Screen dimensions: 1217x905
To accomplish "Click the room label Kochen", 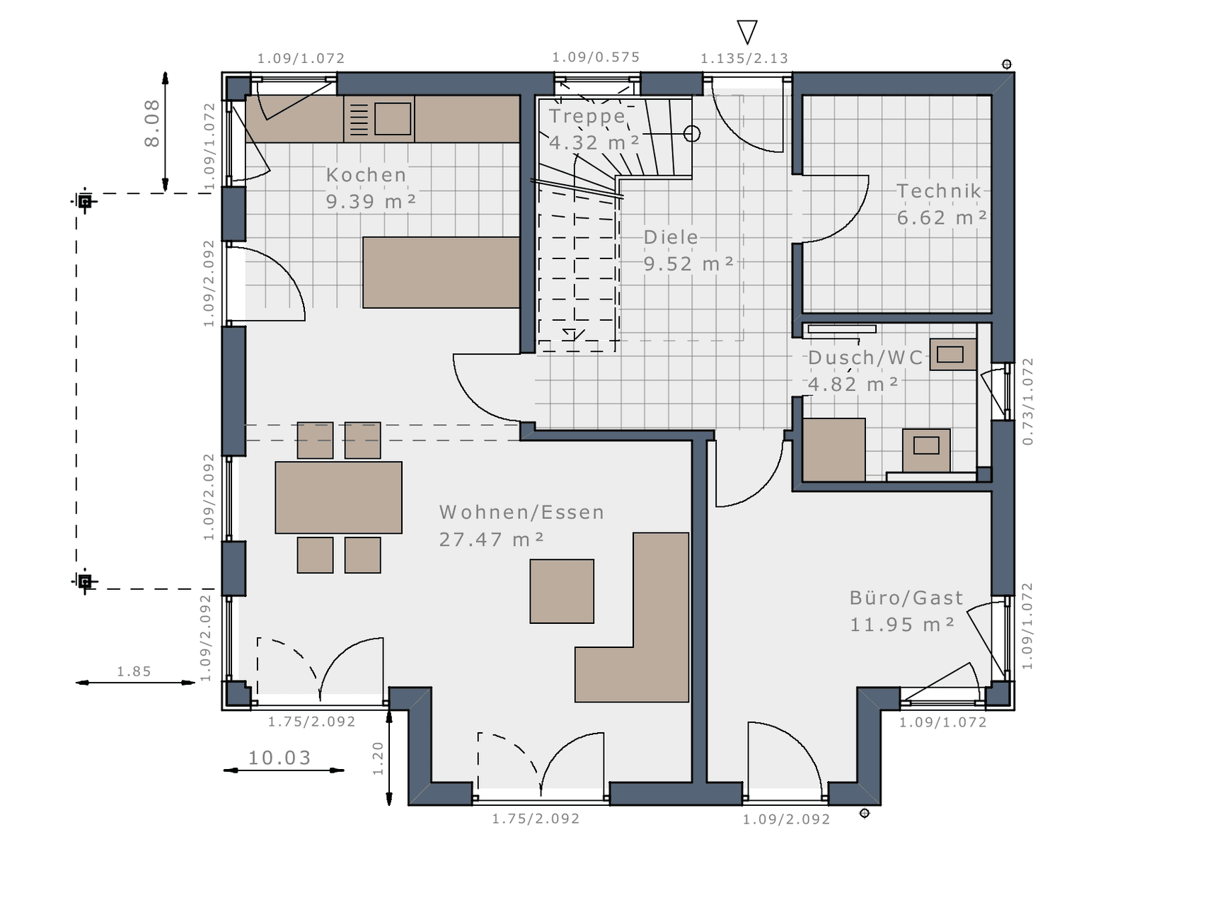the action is tap(367, 175).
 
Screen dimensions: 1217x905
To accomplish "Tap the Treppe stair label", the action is tap(587, 116).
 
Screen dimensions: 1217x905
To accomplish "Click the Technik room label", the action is tap(939, 191).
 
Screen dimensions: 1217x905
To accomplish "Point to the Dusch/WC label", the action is tap(866, 358).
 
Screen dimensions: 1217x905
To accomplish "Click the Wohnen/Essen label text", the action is tap(521, 512).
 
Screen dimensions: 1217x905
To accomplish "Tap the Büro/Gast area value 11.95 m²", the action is tap(902, 625).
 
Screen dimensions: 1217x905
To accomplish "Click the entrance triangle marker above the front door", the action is tap(747, 32).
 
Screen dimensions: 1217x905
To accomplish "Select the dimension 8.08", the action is tap(152, 123).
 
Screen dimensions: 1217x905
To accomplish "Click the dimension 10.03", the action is tap(279, 758).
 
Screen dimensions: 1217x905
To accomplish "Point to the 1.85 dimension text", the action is tap(134, 671).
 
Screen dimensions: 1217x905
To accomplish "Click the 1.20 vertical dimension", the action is tap(378, 758).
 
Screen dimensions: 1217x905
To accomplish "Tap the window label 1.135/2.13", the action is tap(744, 58).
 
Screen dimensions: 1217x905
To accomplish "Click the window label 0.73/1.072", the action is tap(1028, 402).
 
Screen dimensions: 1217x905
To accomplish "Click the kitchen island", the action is tap(442, 273).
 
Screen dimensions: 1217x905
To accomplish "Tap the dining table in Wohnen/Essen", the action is tap(338, 498).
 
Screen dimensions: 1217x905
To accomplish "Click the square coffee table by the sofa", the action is tap(562, 591).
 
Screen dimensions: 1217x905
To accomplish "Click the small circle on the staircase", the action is tap(692, 133).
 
